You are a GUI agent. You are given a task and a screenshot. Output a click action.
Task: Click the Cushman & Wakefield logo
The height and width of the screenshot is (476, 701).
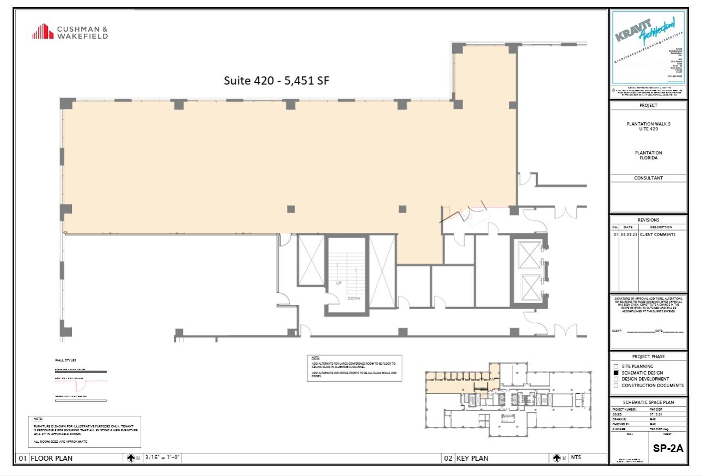pos(70,32)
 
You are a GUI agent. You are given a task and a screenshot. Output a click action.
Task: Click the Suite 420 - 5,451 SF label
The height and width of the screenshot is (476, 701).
pos(277,80)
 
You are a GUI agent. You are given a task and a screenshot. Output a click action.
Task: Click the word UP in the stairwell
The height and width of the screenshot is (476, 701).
pos(339,283)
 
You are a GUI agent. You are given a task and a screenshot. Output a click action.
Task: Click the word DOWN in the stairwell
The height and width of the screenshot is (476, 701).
pos(354,298)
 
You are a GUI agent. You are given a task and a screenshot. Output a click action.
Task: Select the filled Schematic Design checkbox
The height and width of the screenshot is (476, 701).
pos(615,372)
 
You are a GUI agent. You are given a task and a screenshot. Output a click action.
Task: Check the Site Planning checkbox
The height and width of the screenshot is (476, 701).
pos(615,366)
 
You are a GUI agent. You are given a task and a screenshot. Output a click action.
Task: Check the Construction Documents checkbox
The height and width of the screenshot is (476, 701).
pos(615,385)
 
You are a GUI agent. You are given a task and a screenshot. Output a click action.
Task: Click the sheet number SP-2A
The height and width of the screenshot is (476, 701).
pos(667,448)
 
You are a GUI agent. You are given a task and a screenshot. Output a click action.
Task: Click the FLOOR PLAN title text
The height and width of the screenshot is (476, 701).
pos(51,459)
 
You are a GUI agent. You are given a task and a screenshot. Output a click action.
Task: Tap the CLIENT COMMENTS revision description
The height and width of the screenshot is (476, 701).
pos(657,234)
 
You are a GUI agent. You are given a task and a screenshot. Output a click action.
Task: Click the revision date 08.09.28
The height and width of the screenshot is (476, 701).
pos(629,234)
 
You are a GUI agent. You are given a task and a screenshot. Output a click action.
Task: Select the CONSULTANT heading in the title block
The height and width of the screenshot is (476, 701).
pos(648,178)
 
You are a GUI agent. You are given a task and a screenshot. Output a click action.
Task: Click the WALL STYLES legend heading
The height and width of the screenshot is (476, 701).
pos(65,360)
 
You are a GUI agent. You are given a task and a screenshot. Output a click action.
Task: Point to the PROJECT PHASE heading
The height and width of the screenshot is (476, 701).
pos(648,357)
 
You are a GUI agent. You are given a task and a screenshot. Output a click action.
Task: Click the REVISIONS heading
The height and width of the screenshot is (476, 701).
pos(648,220)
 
